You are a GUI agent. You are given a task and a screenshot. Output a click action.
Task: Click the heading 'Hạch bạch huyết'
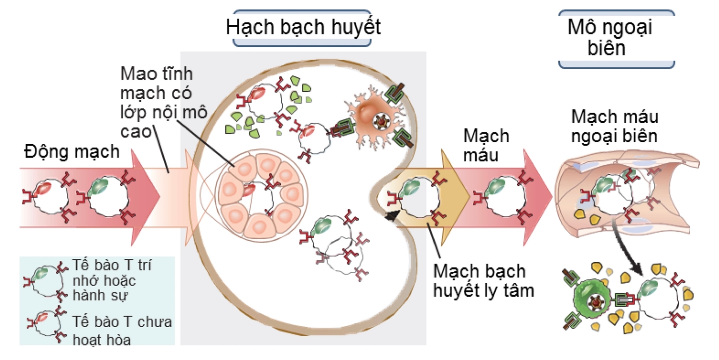pos(303,27)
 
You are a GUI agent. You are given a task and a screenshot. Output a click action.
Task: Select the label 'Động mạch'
pos(72,152)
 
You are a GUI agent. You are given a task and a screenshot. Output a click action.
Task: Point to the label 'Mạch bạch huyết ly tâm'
pos(484,281)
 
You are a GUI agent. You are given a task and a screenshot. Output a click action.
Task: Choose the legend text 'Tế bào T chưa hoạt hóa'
pos(123,330)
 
